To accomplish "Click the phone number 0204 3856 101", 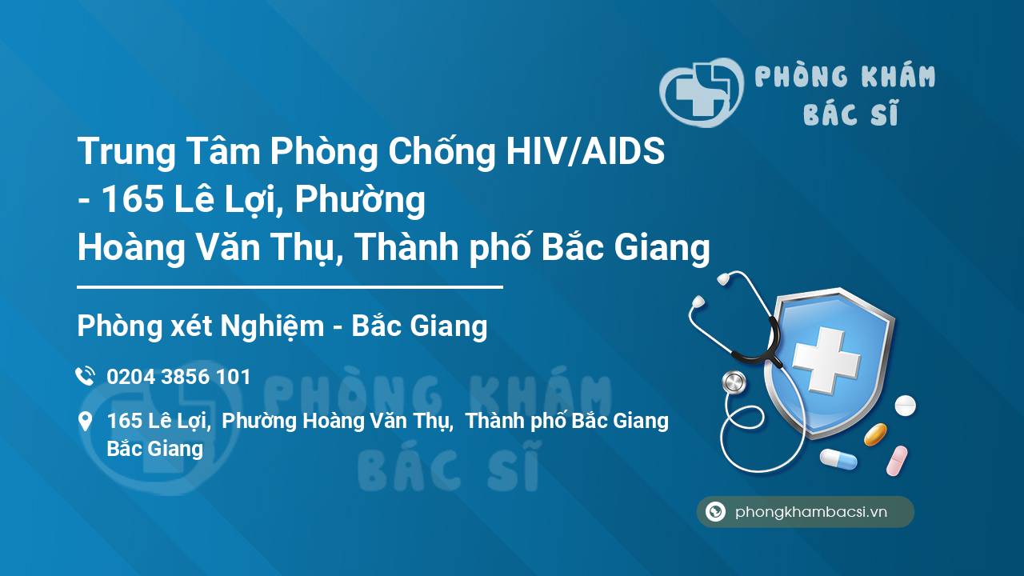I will point(178,376).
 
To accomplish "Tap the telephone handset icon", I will point(85,376).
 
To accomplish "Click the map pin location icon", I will point(85,422).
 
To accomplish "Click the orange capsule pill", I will point(875,434).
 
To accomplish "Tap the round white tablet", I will point(905,405).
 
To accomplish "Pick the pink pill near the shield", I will point(897,461).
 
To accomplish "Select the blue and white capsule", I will point(838,459).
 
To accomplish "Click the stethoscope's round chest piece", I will point(734,383).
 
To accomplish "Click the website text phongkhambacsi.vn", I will point(811,513).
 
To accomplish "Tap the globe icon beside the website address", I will point(715,512).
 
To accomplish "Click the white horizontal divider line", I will point(290,286).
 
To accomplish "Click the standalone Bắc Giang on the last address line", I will point(154,449).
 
